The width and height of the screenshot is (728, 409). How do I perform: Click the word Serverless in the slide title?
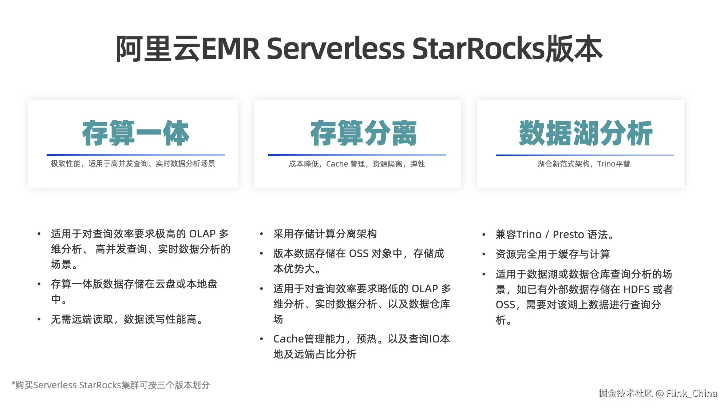tap(336, 49)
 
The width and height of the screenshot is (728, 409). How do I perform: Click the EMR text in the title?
tap(230, 49)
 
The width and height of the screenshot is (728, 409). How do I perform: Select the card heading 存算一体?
tap(135, 133)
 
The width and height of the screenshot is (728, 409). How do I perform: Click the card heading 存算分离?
tap(363, 133)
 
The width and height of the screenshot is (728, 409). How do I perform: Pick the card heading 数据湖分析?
tap(585, 133)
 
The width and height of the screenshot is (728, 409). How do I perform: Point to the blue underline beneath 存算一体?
tap(135, 155)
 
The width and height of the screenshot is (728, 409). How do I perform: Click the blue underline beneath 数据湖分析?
tap(585, 155)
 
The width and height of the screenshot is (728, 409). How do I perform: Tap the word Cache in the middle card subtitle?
tap(337, 164)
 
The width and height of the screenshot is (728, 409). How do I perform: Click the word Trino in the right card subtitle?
tap(606, 164)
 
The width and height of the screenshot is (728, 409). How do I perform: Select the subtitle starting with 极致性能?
tap(133, 164)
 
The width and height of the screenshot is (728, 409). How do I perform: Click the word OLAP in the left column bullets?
tap(202, 234)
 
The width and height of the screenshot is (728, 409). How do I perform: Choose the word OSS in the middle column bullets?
tap(359, 253)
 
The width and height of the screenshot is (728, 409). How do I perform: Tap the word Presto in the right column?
tap(568, 234)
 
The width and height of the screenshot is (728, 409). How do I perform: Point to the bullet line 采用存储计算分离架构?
tap(325, 234)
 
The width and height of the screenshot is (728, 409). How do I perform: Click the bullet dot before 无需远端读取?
tap(39, 320)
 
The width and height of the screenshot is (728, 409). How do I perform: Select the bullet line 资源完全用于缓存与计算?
tap(553, 254)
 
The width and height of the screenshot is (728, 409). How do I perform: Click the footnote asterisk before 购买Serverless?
tap(13, 384)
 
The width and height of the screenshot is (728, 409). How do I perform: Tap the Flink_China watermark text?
tap(691, 393)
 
